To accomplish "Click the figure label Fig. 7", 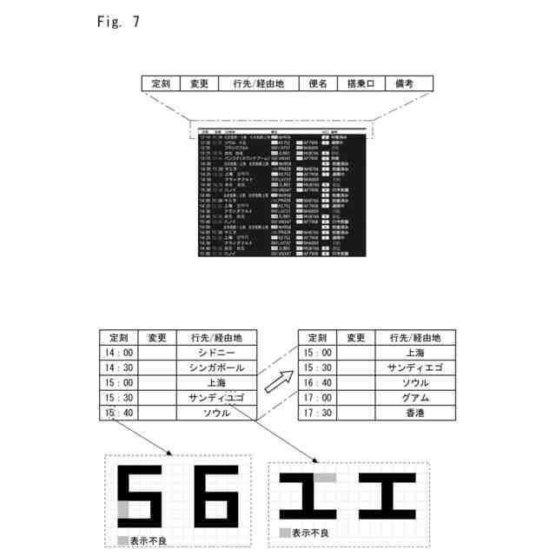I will [x=119, y=22].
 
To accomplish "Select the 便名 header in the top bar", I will [x=316, y=83].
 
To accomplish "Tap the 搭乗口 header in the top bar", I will [x=360, y=83].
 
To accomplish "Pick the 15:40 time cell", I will [x=119, y=413].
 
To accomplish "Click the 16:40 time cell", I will [x=318, y=383].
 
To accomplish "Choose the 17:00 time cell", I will [x=318, y=398].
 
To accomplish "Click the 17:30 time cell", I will [x=318, y=413].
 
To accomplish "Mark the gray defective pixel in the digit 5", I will [x=122, y=509].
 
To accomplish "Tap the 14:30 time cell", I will [x=119, y=368].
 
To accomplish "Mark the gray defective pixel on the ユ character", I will [x=324, y=477].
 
